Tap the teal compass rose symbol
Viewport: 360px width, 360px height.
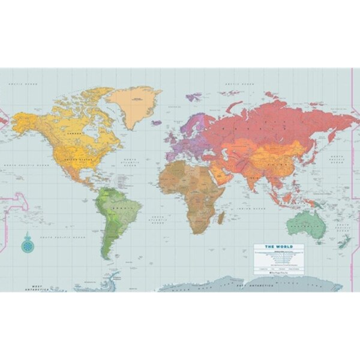click(26, 245)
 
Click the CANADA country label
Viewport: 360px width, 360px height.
click(75, 133)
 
